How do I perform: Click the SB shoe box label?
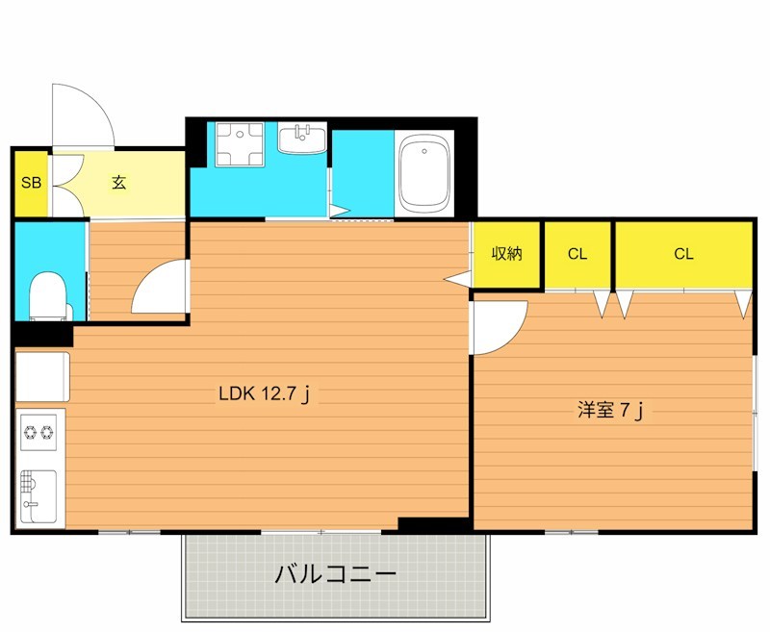(x=30, y=182)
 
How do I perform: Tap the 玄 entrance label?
(x=118, y=182)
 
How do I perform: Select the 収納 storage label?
(x=506, y=254)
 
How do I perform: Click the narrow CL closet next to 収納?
(x=577, y=254)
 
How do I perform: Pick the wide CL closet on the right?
(x=683, y=254)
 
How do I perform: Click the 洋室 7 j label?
(x=609, y=411)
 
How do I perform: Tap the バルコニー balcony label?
(x=336, y=575)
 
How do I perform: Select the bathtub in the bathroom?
(x=424, y=173)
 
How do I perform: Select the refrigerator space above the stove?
(x=42, y=375)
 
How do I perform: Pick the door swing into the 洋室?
(x=498, y=326)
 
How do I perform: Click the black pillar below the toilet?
(x=43, y=334)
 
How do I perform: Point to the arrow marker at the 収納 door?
(x=456, y=278)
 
